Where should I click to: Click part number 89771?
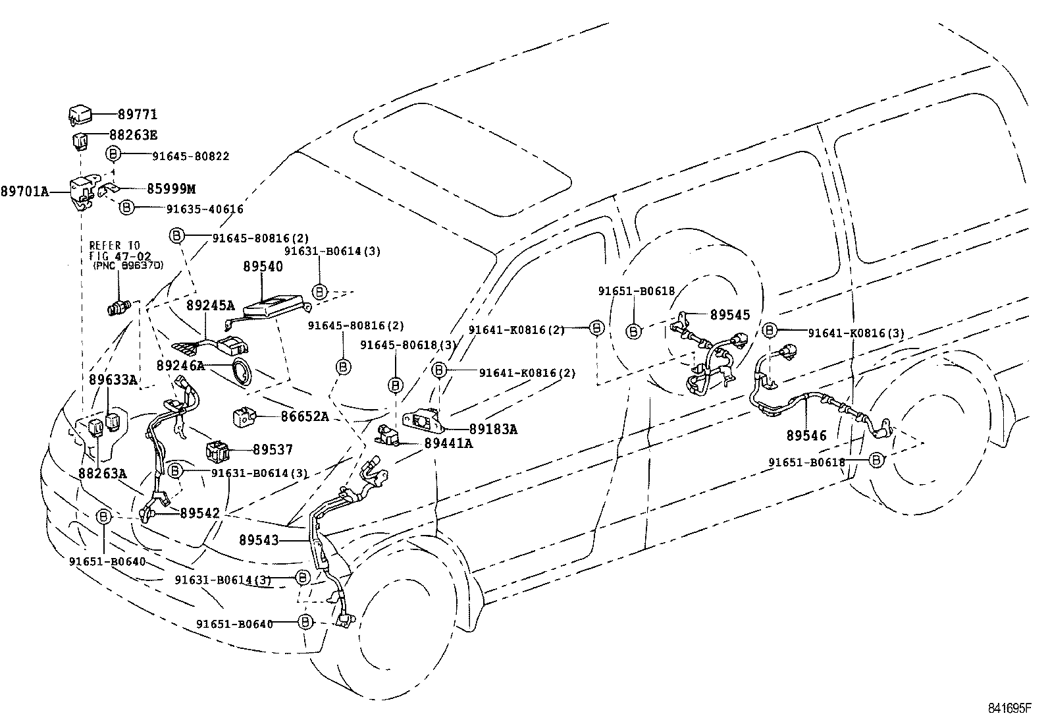pos(138,115)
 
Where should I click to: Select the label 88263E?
pos(133,136)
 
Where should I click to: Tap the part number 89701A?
pos(24,191)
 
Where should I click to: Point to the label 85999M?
pos(170,190)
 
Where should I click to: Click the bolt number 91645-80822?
pos(191,156)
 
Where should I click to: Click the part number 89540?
pos(263,267)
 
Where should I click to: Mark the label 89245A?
pos(210,306)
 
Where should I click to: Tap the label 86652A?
pos(305,416)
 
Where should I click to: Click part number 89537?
pos(273,450)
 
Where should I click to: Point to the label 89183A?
pos(493,430)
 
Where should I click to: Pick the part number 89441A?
pos(448,443)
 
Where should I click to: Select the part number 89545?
pos(730,315)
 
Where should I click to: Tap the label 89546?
pos(806,435)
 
